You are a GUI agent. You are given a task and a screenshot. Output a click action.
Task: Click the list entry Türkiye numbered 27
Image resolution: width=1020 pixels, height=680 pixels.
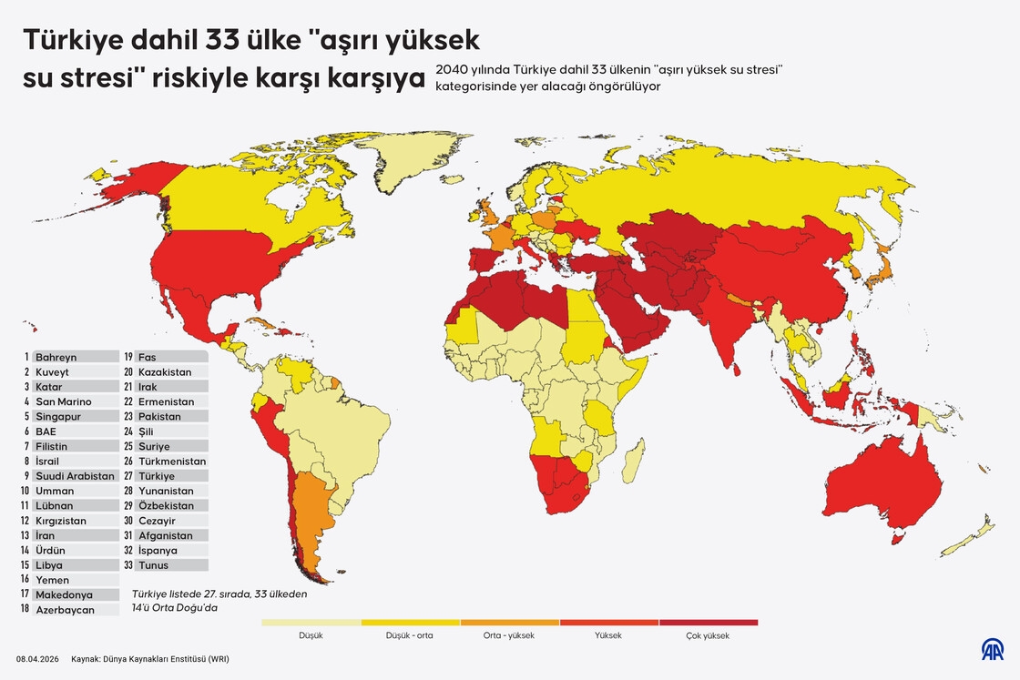156,476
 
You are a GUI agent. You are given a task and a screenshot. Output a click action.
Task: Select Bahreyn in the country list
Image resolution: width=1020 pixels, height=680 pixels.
56,358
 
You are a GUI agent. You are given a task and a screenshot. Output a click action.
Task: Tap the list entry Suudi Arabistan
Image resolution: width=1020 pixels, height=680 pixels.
75,476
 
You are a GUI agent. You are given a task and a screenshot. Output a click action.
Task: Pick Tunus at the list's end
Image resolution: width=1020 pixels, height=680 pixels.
153,565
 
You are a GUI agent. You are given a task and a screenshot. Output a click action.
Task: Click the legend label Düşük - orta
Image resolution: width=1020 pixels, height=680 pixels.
410,636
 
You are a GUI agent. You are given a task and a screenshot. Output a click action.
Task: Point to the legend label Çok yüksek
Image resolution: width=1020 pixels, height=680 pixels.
708,636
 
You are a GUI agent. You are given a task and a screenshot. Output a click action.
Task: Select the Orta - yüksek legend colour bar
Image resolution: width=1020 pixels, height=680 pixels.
509,623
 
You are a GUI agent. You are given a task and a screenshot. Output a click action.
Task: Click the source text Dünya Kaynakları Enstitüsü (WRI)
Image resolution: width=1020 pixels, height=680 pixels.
156,659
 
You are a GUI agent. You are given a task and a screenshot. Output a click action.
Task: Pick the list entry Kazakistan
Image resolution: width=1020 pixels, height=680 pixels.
164,372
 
